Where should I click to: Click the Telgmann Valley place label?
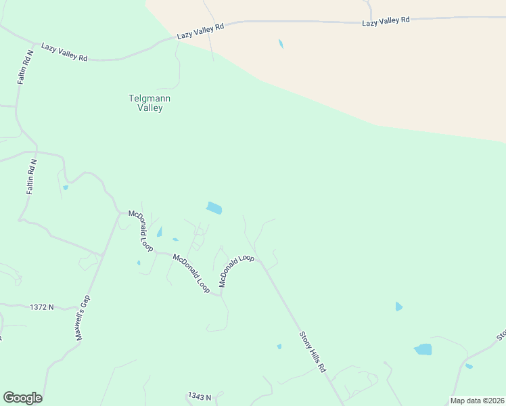click(149, 103)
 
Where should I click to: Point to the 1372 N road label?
click(41, 307)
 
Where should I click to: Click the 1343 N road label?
click(200, 396)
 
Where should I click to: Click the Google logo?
click(22, 398)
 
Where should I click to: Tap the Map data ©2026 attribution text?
click(478, 401)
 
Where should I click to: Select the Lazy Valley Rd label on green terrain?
click(64, 52)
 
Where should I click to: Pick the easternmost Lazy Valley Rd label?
click(386, 21)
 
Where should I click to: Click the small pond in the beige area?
click(281, 44)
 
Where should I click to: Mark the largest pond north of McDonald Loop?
click(214, 208)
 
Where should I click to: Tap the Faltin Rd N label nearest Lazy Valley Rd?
click(25, 67)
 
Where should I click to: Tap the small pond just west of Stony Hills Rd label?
click(279, 346)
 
